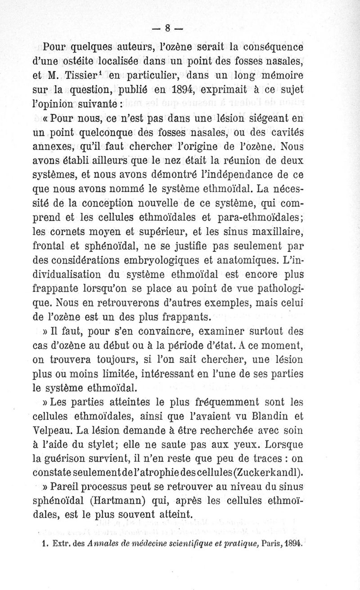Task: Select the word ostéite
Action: coord(85,59)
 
